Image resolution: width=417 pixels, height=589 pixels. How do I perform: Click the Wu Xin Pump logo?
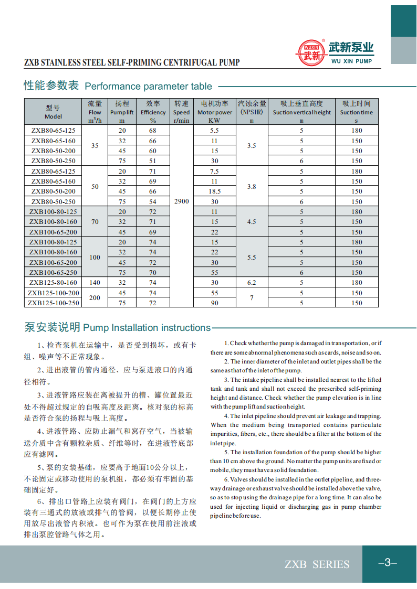tap(336, 53)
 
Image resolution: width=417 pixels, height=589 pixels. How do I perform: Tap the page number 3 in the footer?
tap(388, 563)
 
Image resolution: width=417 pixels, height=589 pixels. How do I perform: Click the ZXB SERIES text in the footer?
tap(317, 564)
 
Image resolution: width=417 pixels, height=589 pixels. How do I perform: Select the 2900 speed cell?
tap(181, 201)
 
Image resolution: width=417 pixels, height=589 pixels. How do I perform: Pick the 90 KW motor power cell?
tap(214, 303)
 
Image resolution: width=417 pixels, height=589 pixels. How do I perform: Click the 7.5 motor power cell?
tap(214, 171)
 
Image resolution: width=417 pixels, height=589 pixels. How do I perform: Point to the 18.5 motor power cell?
tap(214, 191)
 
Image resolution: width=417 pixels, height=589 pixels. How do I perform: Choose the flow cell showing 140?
tap(95, 283)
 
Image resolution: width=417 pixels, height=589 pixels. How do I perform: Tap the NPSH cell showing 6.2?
tap(252, 283)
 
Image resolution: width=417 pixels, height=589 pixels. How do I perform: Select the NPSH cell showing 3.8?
tap(252, 186)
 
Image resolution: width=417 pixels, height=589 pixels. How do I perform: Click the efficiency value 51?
tap(153, 161)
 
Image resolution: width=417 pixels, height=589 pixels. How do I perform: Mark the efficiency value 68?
tap(153, 130)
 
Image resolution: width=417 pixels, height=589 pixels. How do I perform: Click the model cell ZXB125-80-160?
tap(53, 283)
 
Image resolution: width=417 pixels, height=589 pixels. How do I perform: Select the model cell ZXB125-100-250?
tap(53, 303)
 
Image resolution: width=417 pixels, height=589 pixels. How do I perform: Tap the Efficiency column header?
tap(153, 112)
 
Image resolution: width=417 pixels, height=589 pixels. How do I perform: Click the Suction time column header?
tap(356, 112)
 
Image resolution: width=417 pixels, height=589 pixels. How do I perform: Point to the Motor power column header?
tap(214, 112)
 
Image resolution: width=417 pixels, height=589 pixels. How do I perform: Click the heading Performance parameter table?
tap(118, 86)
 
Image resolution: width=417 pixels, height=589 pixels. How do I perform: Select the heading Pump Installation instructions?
tap(118, 328)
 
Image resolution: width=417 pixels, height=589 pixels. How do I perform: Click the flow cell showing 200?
tap(95, 298)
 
